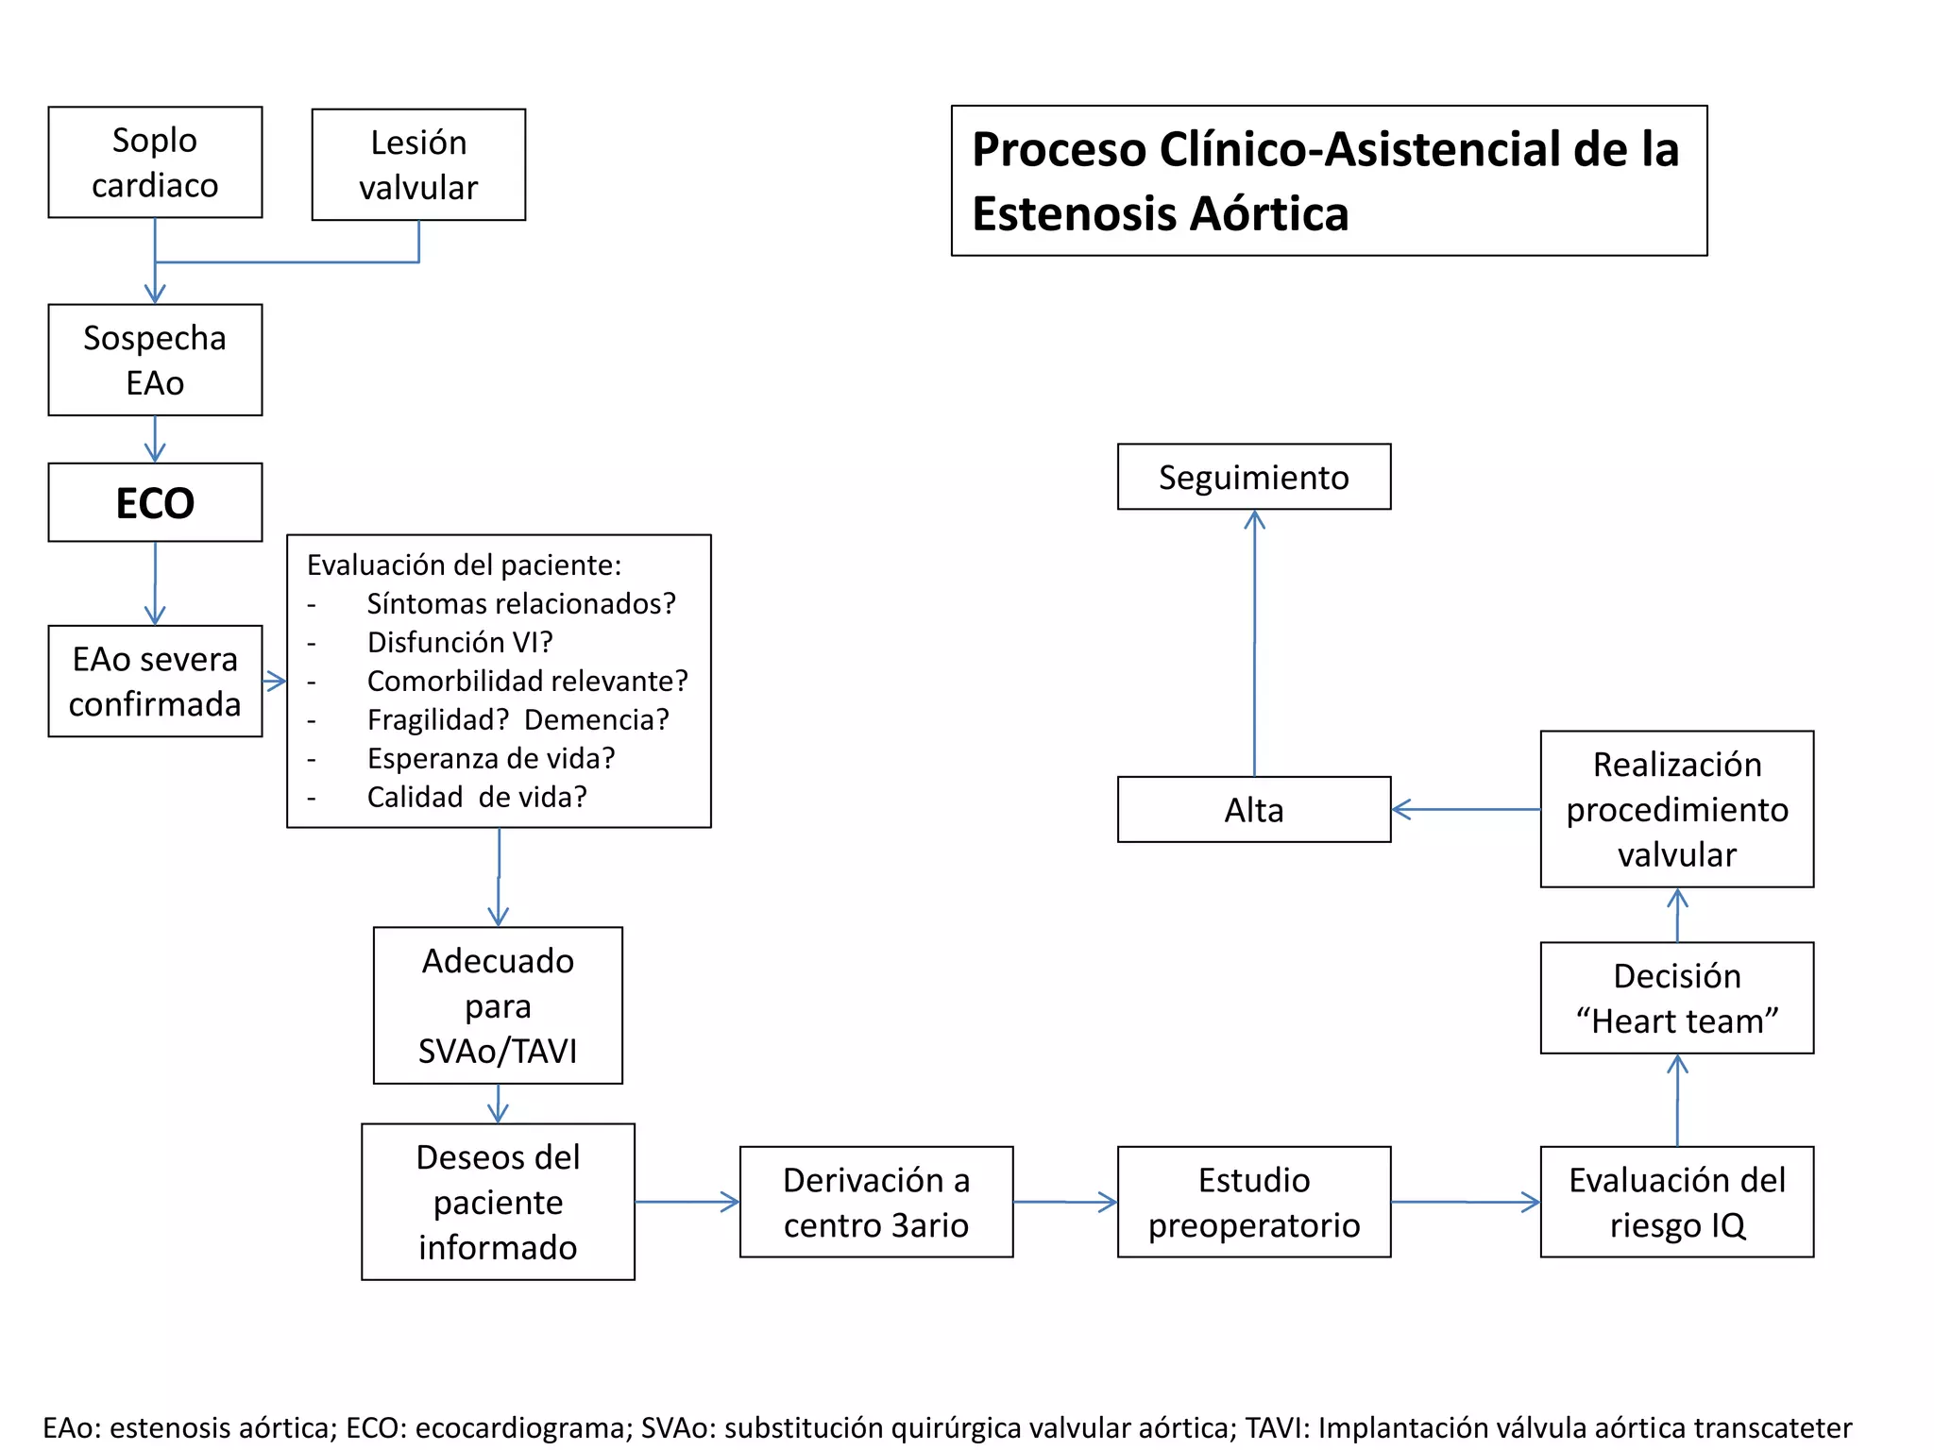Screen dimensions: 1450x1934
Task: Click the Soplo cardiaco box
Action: click(x=155, y=162)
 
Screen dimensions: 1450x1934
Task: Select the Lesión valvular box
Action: click(x=418, y=165)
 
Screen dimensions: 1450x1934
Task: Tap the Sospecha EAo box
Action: click(x=155, y=360)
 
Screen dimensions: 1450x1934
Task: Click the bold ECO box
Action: click(x=155, y=502)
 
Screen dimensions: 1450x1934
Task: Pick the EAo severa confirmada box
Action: click(x=155, y=681)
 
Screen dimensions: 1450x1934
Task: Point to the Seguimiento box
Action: click(x=1253, y=477)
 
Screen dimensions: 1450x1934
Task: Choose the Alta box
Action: click(x=1253, y=810)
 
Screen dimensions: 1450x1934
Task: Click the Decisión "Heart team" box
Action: click(x=1676, y=998)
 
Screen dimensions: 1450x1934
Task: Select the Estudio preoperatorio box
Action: click(x=1253, y=1202)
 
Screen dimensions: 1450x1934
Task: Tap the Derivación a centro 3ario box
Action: click(x=875, y=1202)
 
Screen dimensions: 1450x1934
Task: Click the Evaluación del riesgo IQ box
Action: click(x=1676, y=1202)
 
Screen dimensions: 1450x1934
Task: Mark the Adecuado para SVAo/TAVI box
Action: click(x=498, y=1005)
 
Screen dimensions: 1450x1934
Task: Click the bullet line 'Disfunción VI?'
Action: click(x=460, y=642)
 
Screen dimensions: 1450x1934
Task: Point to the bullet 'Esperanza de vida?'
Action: click(x=491, y=758)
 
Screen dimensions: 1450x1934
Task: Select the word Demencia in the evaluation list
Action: click(x=596, y=719)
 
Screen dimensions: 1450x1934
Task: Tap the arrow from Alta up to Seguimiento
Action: click(x=1254, y=642)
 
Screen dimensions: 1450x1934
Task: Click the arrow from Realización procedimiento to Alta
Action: click(x=1466, y=809)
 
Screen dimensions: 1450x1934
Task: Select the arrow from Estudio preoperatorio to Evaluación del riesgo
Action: click(x=1466, y=1202)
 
